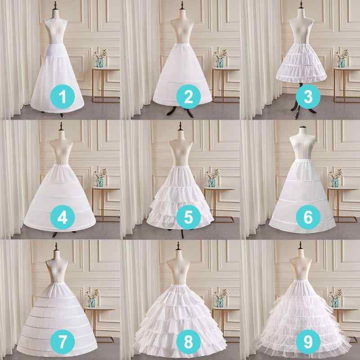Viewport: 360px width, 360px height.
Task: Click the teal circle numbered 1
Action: (x=63, y=96)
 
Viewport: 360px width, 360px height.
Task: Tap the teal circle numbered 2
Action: (x=189, y=96)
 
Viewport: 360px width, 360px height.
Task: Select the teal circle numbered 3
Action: (x=308, y=96)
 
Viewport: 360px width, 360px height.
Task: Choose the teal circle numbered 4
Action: (x=63, y=217)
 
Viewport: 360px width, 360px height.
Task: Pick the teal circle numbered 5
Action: (x=189, y=217)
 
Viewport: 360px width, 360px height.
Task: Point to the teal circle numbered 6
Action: (x=308, y=217)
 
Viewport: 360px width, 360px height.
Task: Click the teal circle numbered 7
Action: (x=63, y=342)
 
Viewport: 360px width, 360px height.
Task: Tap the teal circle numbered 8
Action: (x=189, y=342)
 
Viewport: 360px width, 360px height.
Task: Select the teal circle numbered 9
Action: (x=308, y=342)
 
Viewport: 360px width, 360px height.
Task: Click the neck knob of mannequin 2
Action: (x=182, y=5)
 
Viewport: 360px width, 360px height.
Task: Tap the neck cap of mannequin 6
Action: (x=303, y=127)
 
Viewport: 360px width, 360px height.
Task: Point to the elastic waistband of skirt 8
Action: (x=178, y=287)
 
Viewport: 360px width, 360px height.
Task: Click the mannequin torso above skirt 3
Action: (x=301, y=30)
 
